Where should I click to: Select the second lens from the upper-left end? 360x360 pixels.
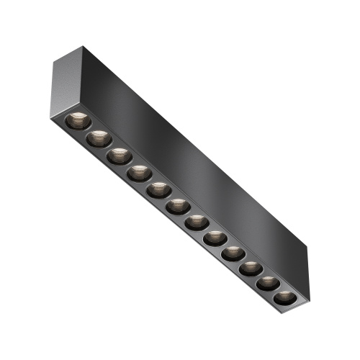pyautogui.click(x=99, y=138)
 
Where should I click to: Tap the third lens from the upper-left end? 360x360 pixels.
pyautogui.click(x=119, y=156)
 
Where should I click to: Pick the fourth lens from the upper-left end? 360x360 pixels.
pyautogui.click(x=138, y=173)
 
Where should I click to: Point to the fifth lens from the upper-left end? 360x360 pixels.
pyautogui.click(x=158, y=190)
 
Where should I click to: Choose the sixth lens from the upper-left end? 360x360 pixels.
pyautogui.click(x=177, y=207)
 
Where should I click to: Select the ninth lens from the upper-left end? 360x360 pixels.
pyautogui.click(x=232, y=253)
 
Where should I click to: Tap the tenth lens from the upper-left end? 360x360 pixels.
pyautogui.click(x=250, y=269)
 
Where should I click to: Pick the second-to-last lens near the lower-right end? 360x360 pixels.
pyautogui.click(x=267, y=283)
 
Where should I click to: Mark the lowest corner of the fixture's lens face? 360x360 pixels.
pyautogui.click(x=285, y=315)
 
